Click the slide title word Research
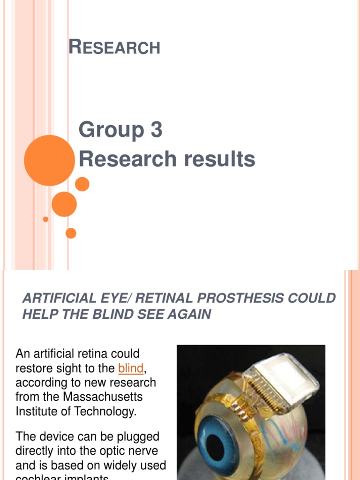pyautogui.click(x=114, y=47)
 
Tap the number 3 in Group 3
pyautogui.click(x=156, y=130)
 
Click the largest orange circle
pyautogui.click(x=49, y=160)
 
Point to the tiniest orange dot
pyautogui.click(x=45, y=219)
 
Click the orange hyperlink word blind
pyautogui.click(x=131, y=368)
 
